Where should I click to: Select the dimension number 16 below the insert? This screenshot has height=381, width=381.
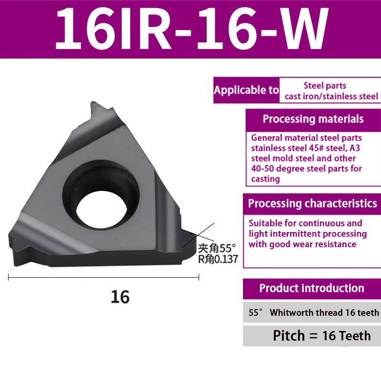click(120, 297)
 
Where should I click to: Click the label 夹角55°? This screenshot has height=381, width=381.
click(217, 248)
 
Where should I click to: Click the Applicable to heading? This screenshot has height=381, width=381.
click(246, 90)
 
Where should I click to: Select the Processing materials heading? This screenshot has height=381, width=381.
click(313, 119)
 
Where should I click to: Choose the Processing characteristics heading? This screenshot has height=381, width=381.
click(312, 204)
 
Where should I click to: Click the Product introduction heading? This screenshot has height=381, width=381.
click(311, 288)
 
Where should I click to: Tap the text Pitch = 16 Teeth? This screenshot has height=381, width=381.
click(321, 336)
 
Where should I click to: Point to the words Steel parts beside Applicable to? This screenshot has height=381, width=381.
click(325, 86)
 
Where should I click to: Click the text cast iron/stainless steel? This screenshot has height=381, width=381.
click(331, 97)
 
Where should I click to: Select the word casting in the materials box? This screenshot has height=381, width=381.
click(265, 179)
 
